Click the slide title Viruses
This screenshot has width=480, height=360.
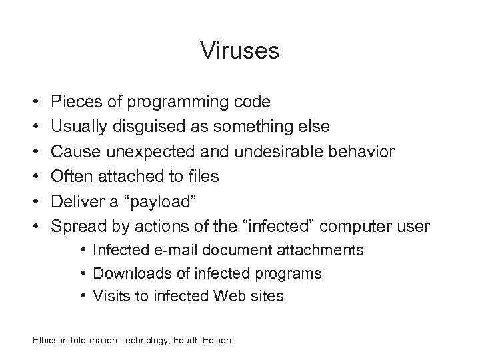click(x=239, y=51)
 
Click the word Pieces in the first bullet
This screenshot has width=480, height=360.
click(x=73, y=102)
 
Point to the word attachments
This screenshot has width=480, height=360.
click(x=326, y=251)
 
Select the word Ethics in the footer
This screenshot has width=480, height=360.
click(x=44, y=341)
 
